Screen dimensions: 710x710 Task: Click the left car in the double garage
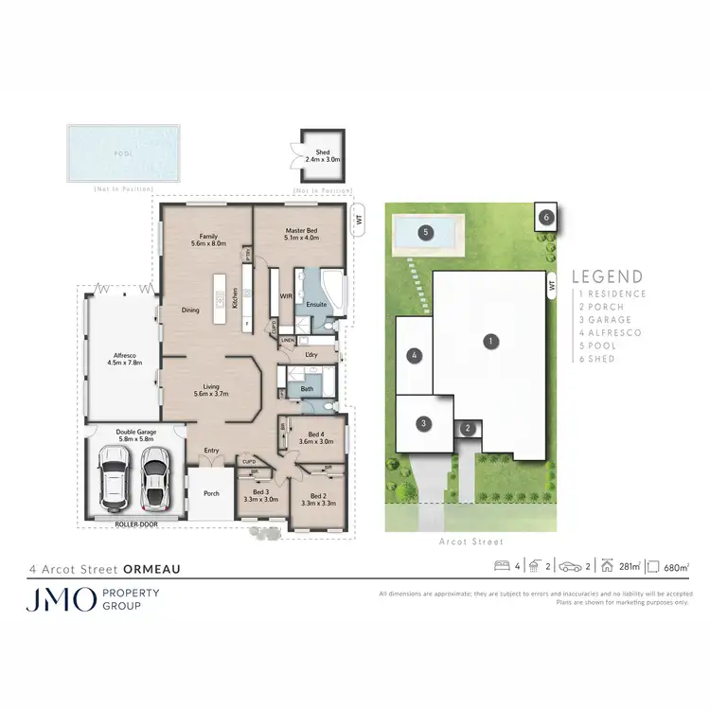pos(115,475)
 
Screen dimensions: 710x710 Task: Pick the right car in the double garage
pos(154,475)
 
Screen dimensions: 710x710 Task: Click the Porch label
pos(210,492)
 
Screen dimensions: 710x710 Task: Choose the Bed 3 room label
pos(260,495)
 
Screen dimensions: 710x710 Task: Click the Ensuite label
pos(315,305)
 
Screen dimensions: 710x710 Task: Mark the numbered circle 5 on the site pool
pos(426,231)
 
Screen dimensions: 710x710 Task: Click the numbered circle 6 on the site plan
pos(545,217)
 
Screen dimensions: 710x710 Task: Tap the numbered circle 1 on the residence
pos(490,340)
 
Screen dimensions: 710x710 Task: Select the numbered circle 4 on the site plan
pos(414,356)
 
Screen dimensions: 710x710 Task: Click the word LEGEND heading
pos(608,277)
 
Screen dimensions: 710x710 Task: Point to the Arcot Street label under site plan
pos(470,542)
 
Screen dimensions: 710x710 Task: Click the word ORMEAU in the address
pos(150,570)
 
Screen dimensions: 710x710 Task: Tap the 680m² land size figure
pos(674,567)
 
